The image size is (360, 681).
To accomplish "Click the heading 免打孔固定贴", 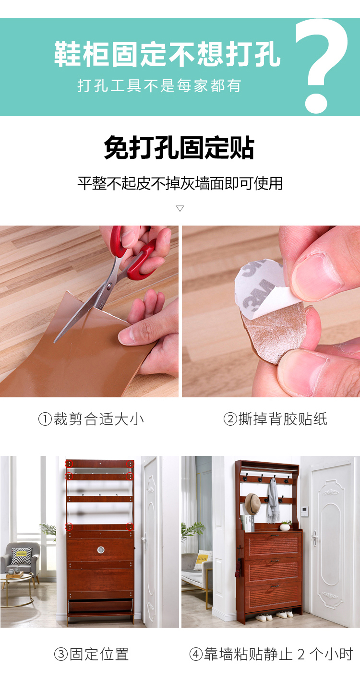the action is [x=180, y=148].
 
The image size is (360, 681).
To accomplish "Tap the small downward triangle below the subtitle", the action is [x=180, y=208].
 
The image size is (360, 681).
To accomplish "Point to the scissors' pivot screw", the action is [x=109, y=285].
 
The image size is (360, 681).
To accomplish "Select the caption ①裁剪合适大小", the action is [x=91, y=419].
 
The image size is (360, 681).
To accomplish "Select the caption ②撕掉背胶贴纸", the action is [x=276, y=419].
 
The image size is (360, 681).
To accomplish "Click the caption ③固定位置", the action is [x=92, y=654].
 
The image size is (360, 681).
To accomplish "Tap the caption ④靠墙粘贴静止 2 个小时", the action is [x=271, y=654].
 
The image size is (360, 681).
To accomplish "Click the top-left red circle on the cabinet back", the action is [x=69, y=464].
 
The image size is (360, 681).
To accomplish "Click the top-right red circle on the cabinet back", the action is [x=131, y=464].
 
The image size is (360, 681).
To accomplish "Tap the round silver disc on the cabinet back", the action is [x=101, y=550].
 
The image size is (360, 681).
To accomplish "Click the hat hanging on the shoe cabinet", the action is [x=252, y=503].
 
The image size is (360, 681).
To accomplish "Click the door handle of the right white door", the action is [x=314, y=538].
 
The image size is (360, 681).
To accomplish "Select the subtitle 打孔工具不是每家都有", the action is [x=159, y=85].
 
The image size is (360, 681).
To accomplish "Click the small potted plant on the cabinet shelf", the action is [x=286, y=526].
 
